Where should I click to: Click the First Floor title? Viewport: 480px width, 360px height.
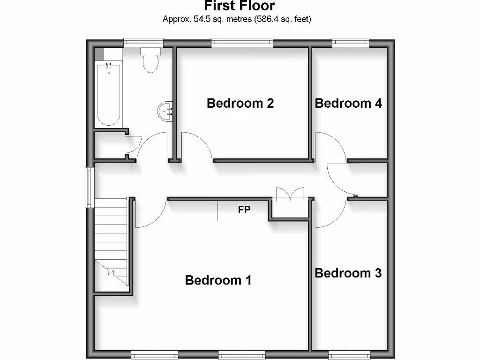pos(240,6)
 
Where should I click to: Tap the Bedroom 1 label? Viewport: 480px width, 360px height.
pos(218,280)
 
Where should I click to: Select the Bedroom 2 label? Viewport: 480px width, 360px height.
pos(240,103)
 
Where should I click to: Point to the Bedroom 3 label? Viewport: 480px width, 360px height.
pos(348,273)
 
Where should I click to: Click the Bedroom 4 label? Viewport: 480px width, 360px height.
pos(348,103)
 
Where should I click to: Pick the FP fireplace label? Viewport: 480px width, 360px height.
pos(244,210)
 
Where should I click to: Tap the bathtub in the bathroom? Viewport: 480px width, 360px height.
pos(108,94)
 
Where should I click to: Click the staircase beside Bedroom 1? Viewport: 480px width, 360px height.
pos(111,241)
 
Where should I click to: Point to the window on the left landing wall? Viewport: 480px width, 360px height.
pos(89,187)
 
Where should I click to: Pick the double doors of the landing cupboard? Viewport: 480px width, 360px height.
pos(290,194)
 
